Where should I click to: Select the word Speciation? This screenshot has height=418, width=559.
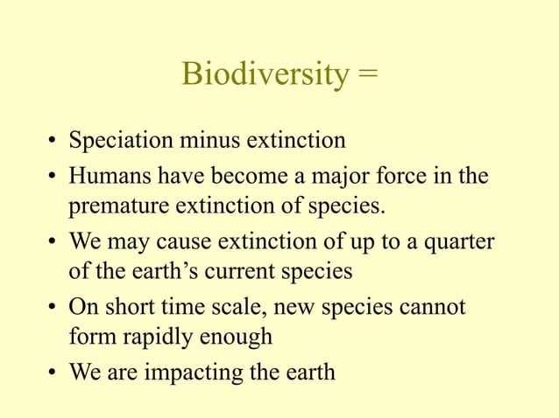click(122, 140)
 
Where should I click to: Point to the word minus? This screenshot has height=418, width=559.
click(213, 140)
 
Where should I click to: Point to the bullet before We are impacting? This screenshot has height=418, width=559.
click(53, 373)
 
